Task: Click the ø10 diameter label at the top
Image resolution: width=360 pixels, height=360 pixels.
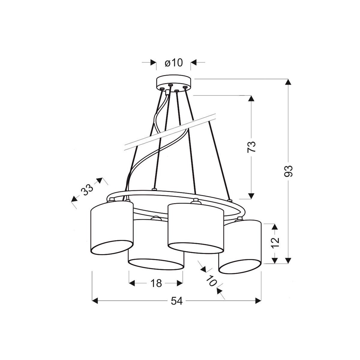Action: point(174,63)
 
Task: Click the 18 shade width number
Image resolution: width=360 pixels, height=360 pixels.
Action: point(156,283)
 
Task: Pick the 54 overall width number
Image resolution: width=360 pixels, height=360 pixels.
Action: point(177,301)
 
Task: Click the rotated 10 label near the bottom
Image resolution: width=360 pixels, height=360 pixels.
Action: point(211,281)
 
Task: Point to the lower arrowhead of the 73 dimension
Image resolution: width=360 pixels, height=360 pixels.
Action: point(251,195)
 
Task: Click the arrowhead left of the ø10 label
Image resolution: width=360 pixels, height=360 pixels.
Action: point(154,63)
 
